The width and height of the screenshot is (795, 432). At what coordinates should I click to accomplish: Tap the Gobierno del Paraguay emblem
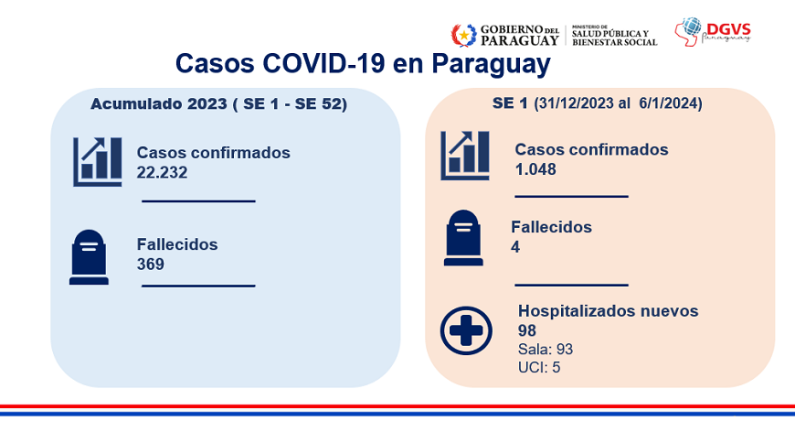pos(464,36)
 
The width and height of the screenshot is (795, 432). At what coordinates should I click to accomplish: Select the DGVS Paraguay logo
pos(713,32)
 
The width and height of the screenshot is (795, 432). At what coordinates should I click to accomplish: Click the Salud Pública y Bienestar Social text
pos(614,38)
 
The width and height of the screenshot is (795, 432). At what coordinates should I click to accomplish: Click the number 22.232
pos(162,173)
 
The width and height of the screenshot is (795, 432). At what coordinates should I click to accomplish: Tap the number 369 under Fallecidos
pos(150,265)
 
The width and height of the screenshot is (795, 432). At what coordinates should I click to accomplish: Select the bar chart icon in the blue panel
pos(98,162)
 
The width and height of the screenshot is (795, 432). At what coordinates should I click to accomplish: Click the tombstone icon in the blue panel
pos(89,257)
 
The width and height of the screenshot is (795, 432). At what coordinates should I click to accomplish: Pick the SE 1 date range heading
pos(598,103)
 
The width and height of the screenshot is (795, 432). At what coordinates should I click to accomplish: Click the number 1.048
pos(535,169)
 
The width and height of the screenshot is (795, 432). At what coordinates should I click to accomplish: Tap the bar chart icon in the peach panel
pos(465,156)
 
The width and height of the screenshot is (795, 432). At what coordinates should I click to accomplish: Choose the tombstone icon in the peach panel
pos(463,238)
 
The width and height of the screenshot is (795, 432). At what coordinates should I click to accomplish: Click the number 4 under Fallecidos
pos(515,247)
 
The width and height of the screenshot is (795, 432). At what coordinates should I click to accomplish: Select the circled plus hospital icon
pos(466,330)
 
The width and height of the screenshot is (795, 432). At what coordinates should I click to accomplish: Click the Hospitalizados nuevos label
pos(608,310)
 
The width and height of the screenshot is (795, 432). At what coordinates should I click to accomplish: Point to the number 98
pos(526,331)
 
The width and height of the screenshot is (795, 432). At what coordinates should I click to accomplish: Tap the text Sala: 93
pos(546,350)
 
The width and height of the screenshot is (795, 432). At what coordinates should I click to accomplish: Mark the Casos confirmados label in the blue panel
pos(214,153)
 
